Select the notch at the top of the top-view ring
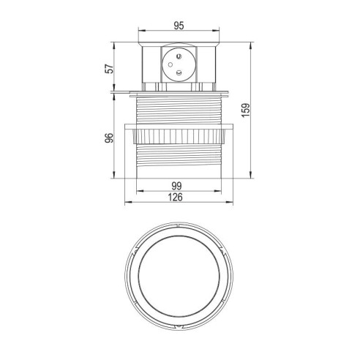pos(179,228)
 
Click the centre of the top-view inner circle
pos(179,275)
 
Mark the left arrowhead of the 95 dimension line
pos(140,31)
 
